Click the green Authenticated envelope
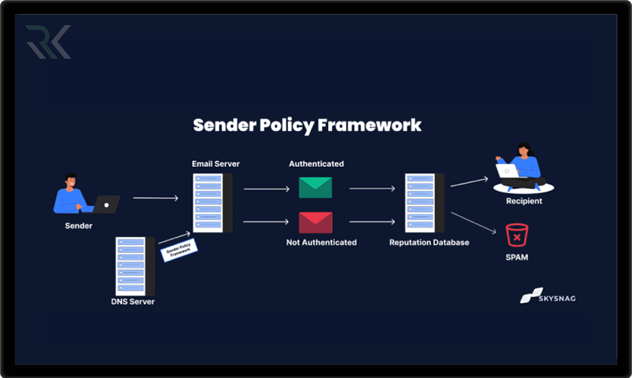coord(315,188)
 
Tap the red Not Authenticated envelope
coord(315,222)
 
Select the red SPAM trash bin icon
coord(517,236)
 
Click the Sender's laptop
coord(107,204)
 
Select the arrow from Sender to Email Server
coord(156,198)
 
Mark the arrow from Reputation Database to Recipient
coord(470,182)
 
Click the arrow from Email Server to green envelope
coord(266,189)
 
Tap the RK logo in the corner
coord(48,42)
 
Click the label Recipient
coord(524,201)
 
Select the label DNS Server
coord(133,302)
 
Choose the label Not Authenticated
coord(321,242)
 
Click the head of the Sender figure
coord(71,180)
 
